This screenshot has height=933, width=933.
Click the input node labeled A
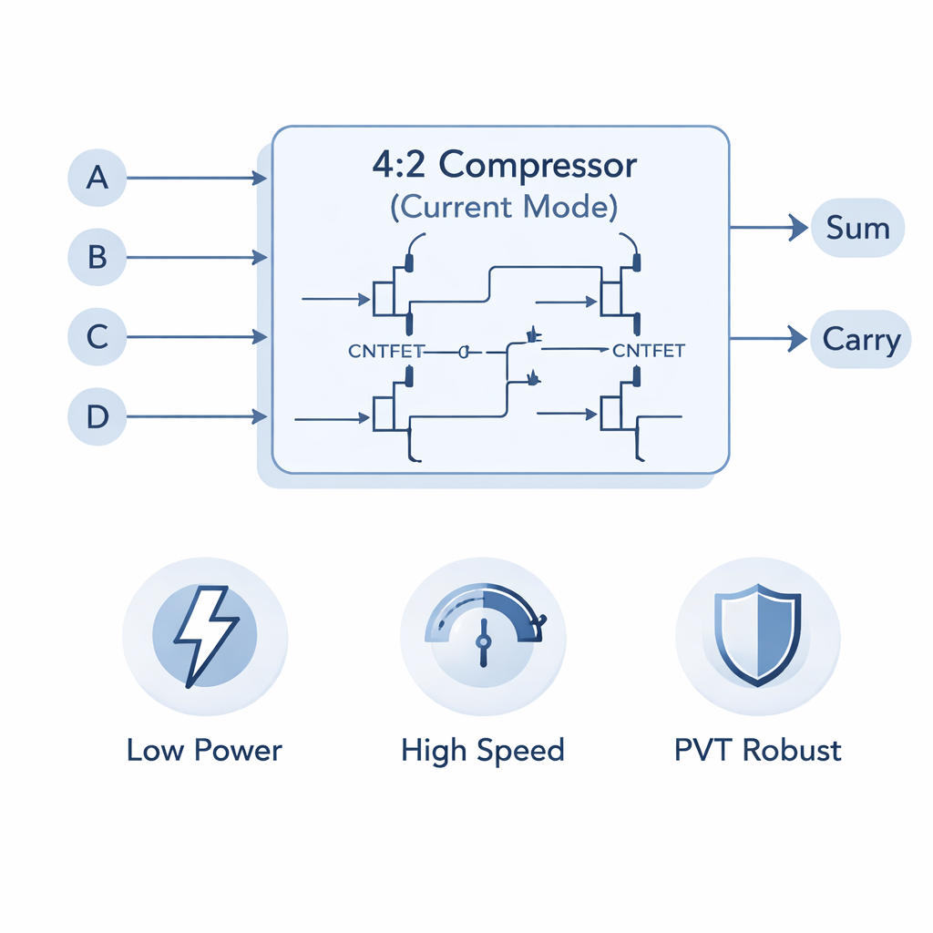(97, 178)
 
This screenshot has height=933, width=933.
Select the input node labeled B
(97, 258)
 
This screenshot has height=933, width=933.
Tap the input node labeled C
(97, 337)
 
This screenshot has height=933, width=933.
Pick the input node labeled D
(97, 417)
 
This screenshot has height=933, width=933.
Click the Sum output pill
(857, 228)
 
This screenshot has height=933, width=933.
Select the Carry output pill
(860, 340)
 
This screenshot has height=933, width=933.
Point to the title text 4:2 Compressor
(504, 166)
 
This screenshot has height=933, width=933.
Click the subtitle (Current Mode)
(504, 207)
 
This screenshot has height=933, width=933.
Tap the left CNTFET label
(386, 351)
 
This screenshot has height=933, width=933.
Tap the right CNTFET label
(650, 351)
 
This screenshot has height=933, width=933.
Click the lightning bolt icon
(206, 634)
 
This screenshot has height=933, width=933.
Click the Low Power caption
(205, 751)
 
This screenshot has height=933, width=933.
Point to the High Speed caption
(483, 751)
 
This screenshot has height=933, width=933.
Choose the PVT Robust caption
(758, 751)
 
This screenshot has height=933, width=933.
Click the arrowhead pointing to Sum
(798, 228)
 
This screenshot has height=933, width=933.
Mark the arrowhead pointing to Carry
(798, 340)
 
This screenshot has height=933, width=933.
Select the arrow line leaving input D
(191, 417)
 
